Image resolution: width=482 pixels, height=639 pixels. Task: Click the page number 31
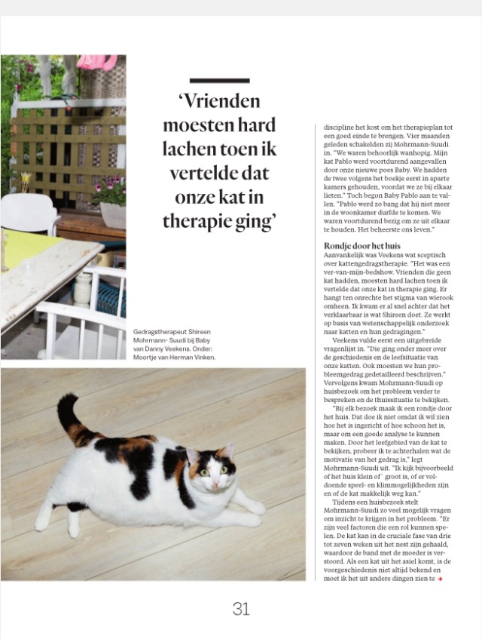(241, 609)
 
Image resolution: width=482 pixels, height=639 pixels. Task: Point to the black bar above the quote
(220, 81)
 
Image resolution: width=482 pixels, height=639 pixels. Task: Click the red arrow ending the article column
(441, 579)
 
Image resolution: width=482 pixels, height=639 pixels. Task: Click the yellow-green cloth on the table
(26, 249)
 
